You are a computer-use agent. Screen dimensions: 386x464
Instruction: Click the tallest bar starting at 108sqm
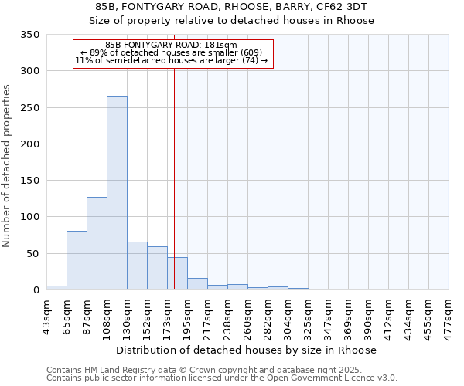[x=117, y=193]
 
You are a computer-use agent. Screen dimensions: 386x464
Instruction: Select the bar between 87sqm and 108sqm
[x=97, y=243]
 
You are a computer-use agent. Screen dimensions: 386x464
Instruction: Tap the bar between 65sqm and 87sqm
[x=77, y=260]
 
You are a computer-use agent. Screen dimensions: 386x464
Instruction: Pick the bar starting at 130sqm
[x=137, y=266]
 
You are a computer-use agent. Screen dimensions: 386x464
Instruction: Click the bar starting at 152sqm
[x=157, y=268]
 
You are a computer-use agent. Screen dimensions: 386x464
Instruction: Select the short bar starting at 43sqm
[x=56, y=287]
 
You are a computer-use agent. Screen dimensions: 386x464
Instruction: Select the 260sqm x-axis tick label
[x=247, y=316]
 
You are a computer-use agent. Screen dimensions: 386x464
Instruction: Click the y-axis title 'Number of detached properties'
[x=8, y=166]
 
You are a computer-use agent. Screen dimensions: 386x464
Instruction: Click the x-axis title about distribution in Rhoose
[x=247, y=350]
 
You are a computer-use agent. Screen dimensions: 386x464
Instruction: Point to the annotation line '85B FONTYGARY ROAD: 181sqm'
[x=171, y=45]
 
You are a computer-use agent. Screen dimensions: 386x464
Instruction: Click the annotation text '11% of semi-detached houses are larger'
[x=171, y=60]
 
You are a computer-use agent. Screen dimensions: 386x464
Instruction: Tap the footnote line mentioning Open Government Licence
[x=221, y=378]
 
